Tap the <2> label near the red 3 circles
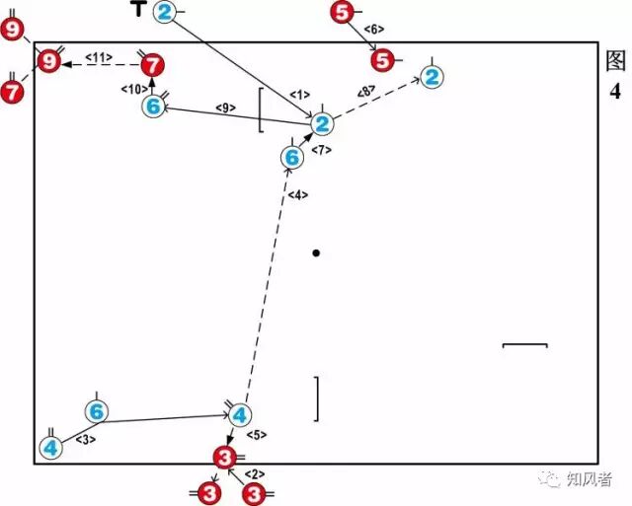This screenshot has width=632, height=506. [253, 474]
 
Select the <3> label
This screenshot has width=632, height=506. [85, 439]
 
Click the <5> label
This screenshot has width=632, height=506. [257, 435]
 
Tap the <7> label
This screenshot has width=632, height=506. [322, 150]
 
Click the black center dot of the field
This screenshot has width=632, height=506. [316, 253]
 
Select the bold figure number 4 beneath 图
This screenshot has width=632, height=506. [615, 92]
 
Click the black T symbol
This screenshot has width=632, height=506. [139, 10]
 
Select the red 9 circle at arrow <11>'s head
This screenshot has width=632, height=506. [47, 62]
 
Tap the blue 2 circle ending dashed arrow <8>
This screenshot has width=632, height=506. [431, 76]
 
